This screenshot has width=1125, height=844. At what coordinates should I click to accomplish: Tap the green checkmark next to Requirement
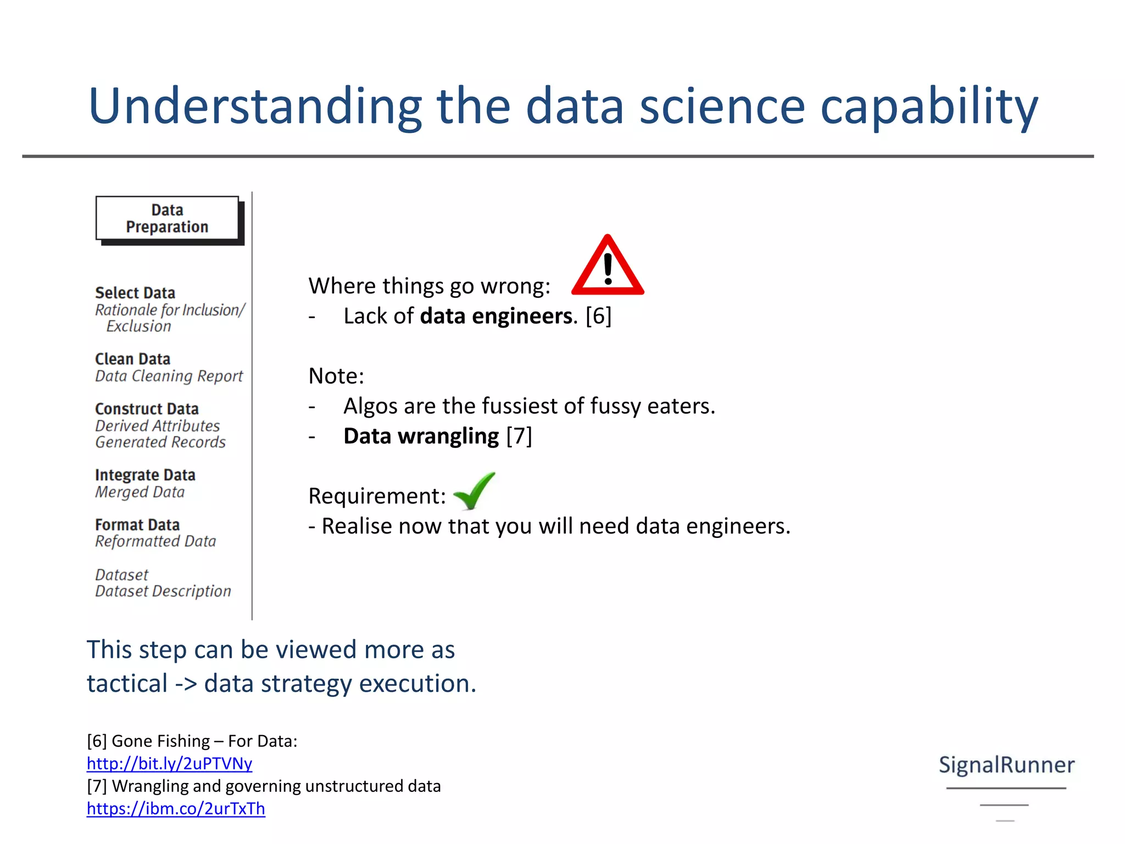(474, 491)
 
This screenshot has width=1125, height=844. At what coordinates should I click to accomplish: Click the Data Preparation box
(168, 219)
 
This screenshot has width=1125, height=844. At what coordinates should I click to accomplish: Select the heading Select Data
(135, 293)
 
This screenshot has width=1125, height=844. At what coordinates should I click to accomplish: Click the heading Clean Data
(132, 359)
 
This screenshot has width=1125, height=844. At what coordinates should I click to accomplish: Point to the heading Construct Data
(147, 409)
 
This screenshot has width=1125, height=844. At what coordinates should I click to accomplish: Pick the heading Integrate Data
(145, 475)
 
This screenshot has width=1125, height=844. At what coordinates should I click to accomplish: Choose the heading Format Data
(137, 525)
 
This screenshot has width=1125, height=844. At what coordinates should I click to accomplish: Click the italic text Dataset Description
(163, 591)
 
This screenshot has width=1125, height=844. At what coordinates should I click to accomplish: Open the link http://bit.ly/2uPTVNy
(169, 764)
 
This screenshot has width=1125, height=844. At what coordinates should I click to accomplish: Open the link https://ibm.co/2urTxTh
(176, 809)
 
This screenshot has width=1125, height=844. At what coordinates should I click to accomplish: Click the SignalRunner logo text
(1006, 765)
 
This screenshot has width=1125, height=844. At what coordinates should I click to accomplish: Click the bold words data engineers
(495, 316)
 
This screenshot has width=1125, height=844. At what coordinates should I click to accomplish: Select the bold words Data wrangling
(421, 436)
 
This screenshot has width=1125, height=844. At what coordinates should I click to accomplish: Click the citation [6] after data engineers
(598, 316)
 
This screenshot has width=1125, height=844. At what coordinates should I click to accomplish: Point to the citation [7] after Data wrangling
(519, 436)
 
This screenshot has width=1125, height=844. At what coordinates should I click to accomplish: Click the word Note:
(336, 376)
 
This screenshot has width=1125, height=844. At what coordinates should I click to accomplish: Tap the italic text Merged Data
(140, 492)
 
